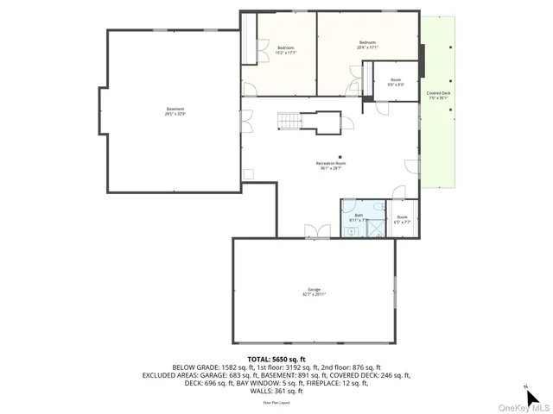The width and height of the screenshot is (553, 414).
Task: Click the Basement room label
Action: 175,111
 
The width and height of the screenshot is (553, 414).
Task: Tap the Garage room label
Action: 313,292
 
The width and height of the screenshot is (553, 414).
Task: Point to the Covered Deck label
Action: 438,95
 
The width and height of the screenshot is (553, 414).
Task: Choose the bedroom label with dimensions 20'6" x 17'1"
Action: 368,45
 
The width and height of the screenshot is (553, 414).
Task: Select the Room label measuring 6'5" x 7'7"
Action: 403,220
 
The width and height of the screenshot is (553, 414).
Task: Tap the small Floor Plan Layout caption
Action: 276,402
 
